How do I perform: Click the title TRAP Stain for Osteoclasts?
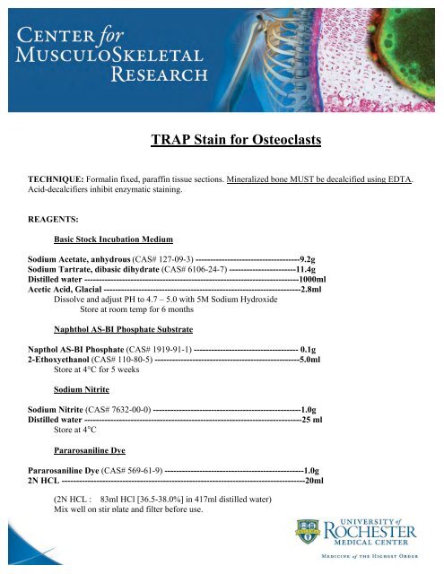[x=236, y=141]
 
